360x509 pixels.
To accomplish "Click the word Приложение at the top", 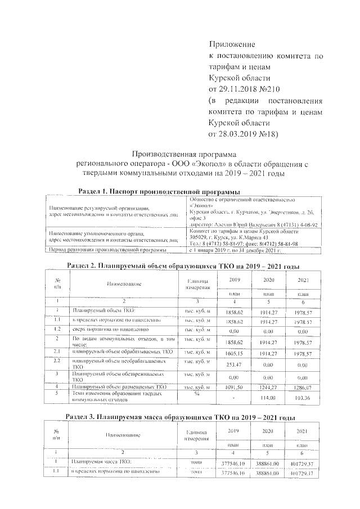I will [232, 44].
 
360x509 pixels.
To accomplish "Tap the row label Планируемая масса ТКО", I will [101, 462].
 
